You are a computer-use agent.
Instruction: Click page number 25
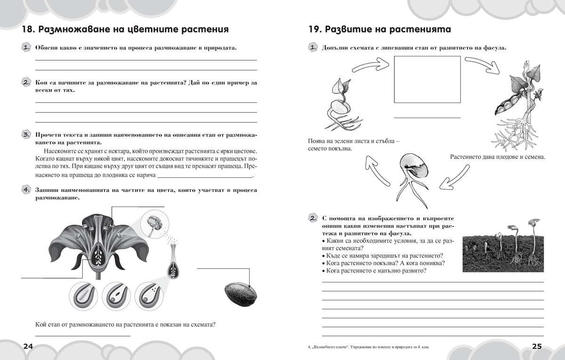pos(537,346)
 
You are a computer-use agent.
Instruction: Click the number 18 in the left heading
pos(29,30)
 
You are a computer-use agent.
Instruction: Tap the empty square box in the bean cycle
pos(427,79)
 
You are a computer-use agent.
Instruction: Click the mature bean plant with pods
pos(518,108)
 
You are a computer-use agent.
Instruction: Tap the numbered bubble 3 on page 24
pos(26,135)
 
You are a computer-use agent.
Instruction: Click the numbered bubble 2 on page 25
pos(313,218)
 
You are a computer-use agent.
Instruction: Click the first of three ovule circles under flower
pos(83,297)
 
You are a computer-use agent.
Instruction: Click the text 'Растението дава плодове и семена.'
pos(497,157)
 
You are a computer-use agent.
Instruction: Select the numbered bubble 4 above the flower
pos(26,190)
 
